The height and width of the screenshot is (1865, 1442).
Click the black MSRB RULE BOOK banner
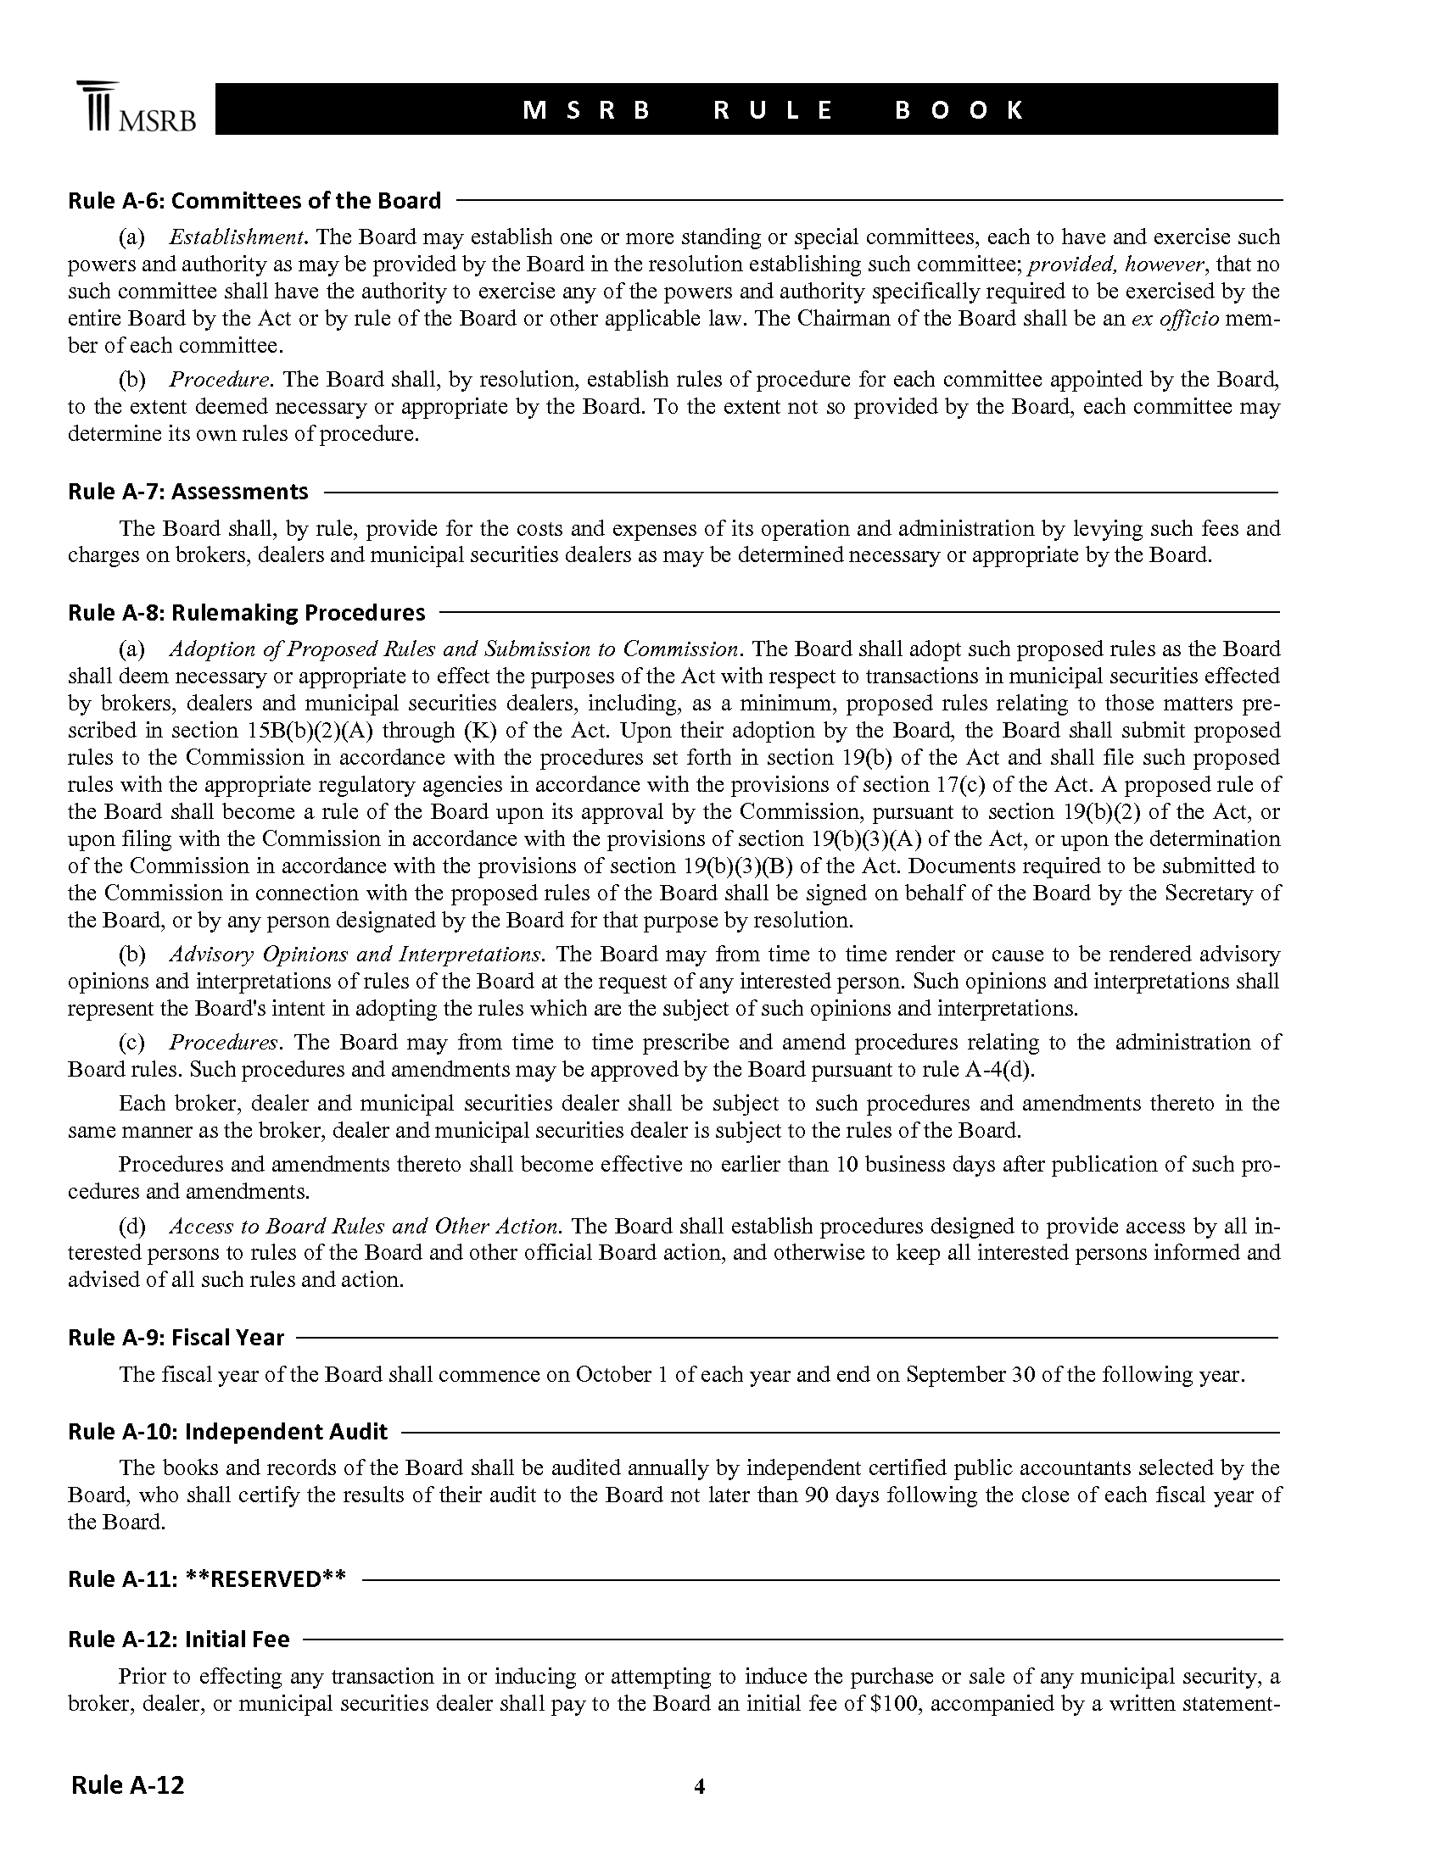point(745,109)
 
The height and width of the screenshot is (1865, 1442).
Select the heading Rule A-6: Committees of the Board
point(254,201)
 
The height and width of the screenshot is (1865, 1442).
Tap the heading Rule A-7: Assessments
point(188,492)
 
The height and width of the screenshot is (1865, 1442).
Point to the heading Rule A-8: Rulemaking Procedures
point(246,613)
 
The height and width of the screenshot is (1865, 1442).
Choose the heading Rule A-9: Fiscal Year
point(176,1338)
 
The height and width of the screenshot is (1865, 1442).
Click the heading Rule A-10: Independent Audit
point(228,1432)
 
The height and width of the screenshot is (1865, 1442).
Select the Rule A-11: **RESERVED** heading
point(207,1579)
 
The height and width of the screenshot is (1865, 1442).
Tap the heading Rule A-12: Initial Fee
point(178,1640)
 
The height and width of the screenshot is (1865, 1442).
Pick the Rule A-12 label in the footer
point(127,1784)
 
